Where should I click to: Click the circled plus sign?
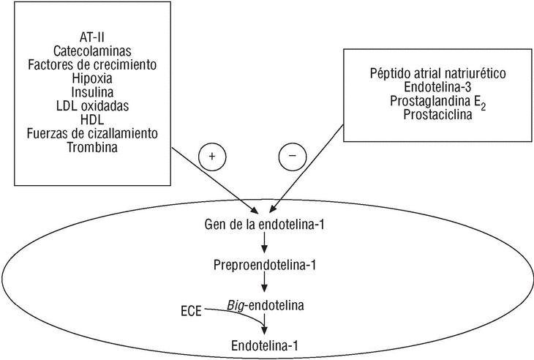pos(212,156)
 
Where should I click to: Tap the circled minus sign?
pos(293,156)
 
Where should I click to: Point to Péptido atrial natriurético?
pos(427,74)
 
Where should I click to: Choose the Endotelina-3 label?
pos(427,88)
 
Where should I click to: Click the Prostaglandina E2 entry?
pos(427,102)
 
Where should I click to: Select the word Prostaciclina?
pos(427,116)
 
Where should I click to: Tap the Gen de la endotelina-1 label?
pos(266,222)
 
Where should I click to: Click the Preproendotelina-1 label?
pos(266,263)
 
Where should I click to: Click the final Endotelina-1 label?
pos(266,343)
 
